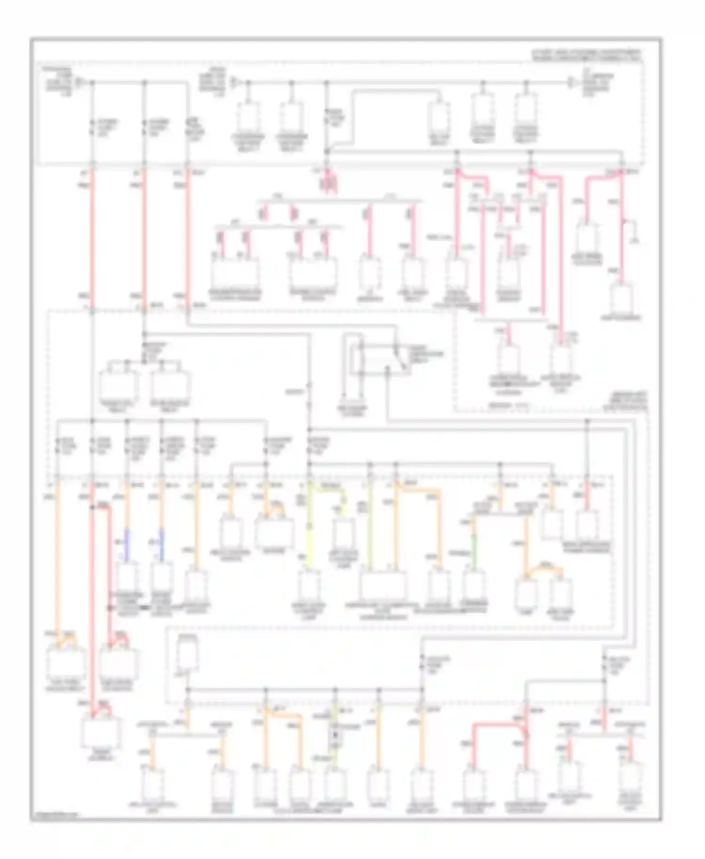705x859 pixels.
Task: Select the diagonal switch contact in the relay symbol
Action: [x=397, y=350]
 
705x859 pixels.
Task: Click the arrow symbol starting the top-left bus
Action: [x=80, y=83]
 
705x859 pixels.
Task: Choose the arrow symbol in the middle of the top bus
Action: [x=234, y=83]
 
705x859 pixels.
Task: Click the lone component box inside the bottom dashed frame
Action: [x=188, y=654]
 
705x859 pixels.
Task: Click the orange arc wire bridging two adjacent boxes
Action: [x=544, y=570]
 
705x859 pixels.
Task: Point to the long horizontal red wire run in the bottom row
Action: [x=498, y=726]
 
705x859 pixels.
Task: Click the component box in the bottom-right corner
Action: [x=630, y=781]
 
